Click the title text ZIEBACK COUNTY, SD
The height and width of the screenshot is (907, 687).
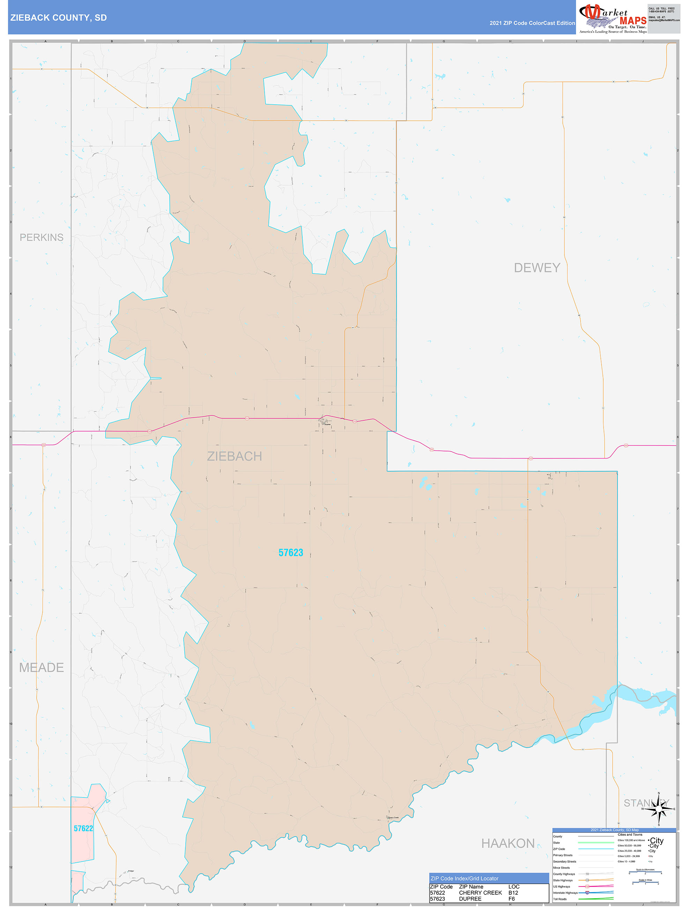pyautogui.click(x=58, y=18)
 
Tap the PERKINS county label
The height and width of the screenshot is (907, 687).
pyautogui.click(x=42, y=238)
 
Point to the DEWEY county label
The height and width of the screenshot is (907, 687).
pyautogui.click(x=537, y=268)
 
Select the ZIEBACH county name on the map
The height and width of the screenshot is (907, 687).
pyautogui.click(x=234, y=456)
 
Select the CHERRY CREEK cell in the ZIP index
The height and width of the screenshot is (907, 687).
pyautogui.click(x=480, y=893)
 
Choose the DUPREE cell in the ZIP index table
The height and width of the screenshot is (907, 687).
pyautogui.click(x=470, y=899)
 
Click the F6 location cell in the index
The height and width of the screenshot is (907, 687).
pyautogui.click(x=511, y=899)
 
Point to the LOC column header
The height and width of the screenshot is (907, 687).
pyautogui.click(x=514, y=886)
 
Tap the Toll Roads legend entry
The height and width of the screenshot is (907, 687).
pyautogui.click(x=560, y=899)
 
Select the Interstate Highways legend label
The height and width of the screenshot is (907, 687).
pyautogui.click(x=565, y=893)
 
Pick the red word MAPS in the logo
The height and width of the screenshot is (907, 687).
pyautogui.click(x=633, y=21)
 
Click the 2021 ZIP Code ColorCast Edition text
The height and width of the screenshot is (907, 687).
pyautogui.click(x=532, y=23)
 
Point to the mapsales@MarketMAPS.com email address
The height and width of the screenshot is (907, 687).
pyautogui.click(x=664, y=20)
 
